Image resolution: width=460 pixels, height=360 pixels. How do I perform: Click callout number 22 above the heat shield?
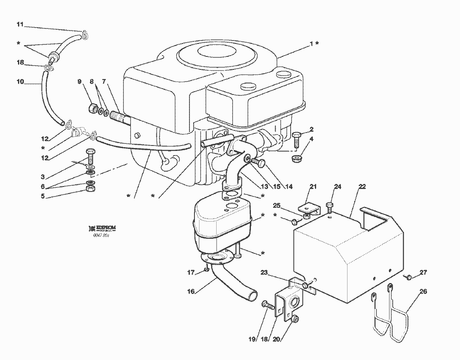coord(362,186)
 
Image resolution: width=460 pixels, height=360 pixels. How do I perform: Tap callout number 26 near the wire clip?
coord(423,291)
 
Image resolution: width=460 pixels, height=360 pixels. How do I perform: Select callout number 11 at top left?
coord(20,24)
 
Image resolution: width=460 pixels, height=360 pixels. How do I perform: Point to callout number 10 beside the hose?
coord(20,82)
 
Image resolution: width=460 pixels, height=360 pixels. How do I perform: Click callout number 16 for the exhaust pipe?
coord(191,291)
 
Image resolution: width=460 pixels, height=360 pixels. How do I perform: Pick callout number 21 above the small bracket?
coord(314,186)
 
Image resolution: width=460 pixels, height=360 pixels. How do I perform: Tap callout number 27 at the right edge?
coord(423,273)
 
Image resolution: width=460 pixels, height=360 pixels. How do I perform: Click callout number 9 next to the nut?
coord(79,82)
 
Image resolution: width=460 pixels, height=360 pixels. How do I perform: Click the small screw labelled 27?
coord(409,276)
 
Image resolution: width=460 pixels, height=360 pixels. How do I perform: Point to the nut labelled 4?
coord(298,158)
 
